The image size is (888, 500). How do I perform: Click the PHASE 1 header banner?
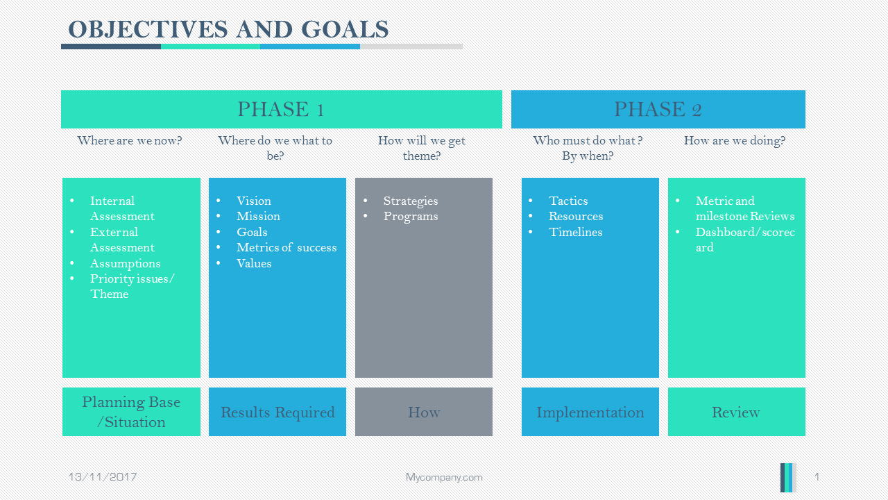pyautogui.click(x=282, y=109)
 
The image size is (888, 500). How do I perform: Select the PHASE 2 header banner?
pyautogui.click(x=658, y=109)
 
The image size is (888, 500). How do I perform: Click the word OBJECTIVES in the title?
pyautogui.click(x=148, y=29)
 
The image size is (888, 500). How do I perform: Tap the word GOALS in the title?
pyautogui.click(x=345, y=29)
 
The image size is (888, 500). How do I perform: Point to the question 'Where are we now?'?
pyautogui.click(x=130, y=140)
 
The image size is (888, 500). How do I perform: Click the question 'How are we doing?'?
pyautogui.click(x=735, y=140)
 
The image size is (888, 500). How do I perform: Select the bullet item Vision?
pyautogui.click(x=254, y=201)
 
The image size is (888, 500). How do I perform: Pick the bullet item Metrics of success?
pyautogui.click(x=287, y=248)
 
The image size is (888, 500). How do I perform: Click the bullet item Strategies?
pyautogui.click(x=411, y=201)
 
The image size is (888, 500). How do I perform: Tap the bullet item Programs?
pyautogui.click(x=411, y=217)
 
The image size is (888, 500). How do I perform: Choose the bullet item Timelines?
pyautogui.click(x=576, y=232)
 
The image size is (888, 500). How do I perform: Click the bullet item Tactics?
pyautogui.click(x=568, y=201)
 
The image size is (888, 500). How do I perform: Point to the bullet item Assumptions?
pyautogui.click(x=126, y=263)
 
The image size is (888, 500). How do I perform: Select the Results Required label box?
pyautogui.click(x=277, y=412)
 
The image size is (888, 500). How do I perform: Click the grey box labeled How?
pyautogui.click(x=424, y=412)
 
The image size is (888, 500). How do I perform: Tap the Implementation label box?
pyautogui.click(x=590, y=412)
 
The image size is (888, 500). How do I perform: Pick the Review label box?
pyautogui.click(x=737, y=412)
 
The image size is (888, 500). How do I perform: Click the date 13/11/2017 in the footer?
pyautogui.click(x=103, y=476)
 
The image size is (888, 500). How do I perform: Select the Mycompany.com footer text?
pyautogui.click(x=444, y=477)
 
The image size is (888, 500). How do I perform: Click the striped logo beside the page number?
pyautogui.click(x=788, y=477)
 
